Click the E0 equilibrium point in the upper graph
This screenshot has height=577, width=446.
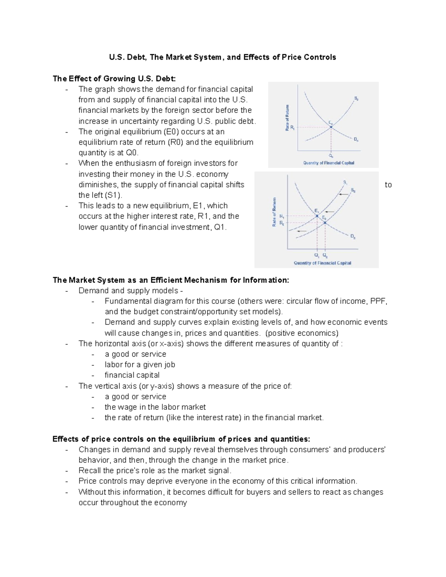[x=331, y=127]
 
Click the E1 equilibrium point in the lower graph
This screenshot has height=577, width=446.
[x=317, y=215]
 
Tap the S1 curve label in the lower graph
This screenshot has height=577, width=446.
[x=345, y=182]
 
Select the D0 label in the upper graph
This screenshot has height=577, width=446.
[x=356, y=140]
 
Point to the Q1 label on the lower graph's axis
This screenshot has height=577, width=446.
[x=316, y=256]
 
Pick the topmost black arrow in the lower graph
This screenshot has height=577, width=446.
[x=343, y=194]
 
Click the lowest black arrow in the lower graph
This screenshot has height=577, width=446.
[x=301, y=231]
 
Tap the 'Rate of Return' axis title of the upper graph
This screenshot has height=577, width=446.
[x=287, y=117]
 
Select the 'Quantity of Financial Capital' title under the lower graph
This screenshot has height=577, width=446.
[x=322, y=263]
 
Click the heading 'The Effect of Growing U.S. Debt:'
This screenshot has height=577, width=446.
[x=114, y=78]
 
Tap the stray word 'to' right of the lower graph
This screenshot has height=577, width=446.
[x=388, y=185]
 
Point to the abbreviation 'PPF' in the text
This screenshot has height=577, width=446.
[x=379, y=301]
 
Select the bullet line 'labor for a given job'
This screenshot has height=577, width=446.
[x=140, y=364]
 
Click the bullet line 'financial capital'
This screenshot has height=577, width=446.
[x=132, y=375]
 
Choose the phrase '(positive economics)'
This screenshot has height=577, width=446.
[x=302, y=333]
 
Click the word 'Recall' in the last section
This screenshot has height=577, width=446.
[x=90, y=470]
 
